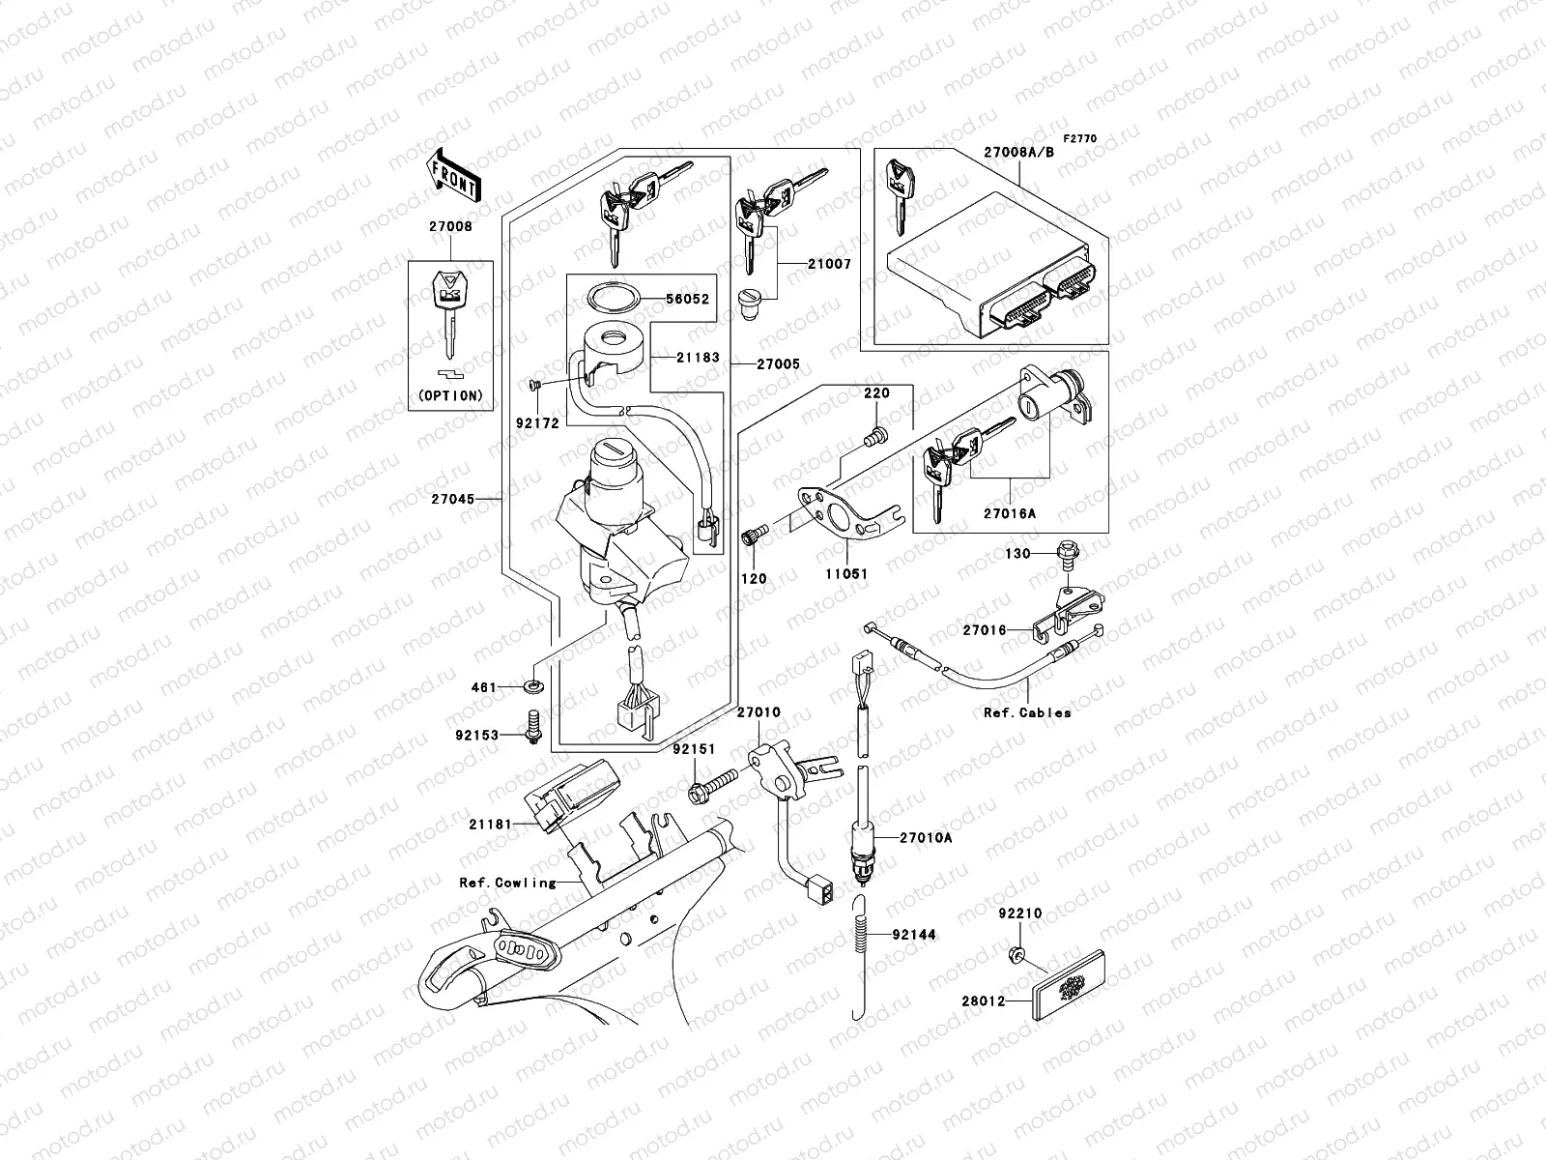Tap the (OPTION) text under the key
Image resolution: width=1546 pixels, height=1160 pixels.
click(x=450, y=395)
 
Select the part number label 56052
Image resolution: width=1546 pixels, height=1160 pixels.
click(x=688, y=299)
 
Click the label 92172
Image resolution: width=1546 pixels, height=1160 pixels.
click(x=536, y=423)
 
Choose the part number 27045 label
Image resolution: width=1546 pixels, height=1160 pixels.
click(x=453, y=500)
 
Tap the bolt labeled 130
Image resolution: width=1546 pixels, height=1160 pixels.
click(x=1068, y=554)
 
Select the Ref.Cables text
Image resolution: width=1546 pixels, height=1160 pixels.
click(x=1027, y=712)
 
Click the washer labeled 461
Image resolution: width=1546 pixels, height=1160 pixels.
click(x=532, y=687)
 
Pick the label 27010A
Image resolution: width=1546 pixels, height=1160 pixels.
click(x=926, y=838)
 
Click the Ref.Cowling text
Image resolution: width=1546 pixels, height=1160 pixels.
click(x=508, y=883)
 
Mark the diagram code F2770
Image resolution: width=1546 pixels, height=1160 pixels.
click(x=1081, y=139)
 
